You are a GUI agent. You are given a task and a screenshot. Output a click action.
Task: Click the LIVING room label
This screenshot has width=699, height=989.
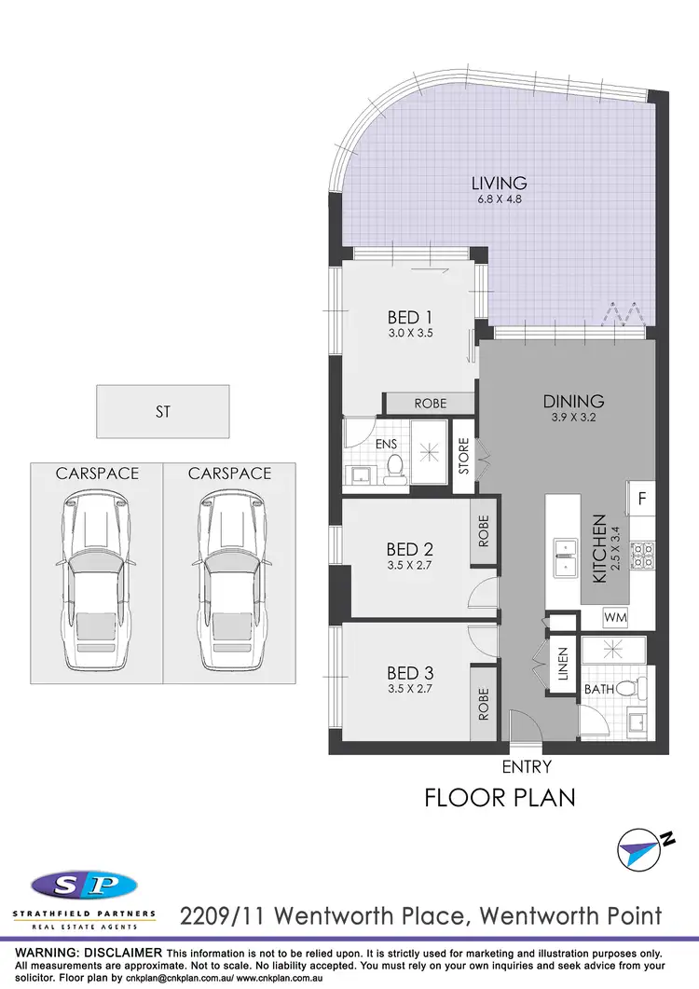499,183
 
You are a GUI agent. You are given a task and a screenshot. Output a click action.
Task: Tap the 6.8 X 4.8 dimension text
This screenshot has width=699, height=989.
499,199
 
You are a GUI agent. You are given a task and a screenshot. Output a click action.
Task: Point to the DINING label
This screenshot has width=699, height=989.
574,402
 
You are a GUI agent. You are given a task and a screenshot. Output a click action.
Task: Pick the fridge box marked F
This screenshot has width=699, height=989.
642,499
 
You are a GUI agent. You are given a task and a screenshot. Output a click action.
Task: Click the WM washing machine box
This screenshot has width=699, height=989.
615,617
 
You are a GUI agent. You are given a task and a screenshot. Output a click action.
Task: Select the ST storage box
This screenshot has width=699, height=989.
163,410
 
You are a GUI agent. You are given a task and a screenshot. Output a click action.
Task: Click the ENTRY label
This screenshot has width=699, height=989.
527,767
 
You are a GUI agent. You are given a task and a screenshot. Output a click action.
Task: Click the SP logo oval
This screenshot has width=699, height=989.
84,885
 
